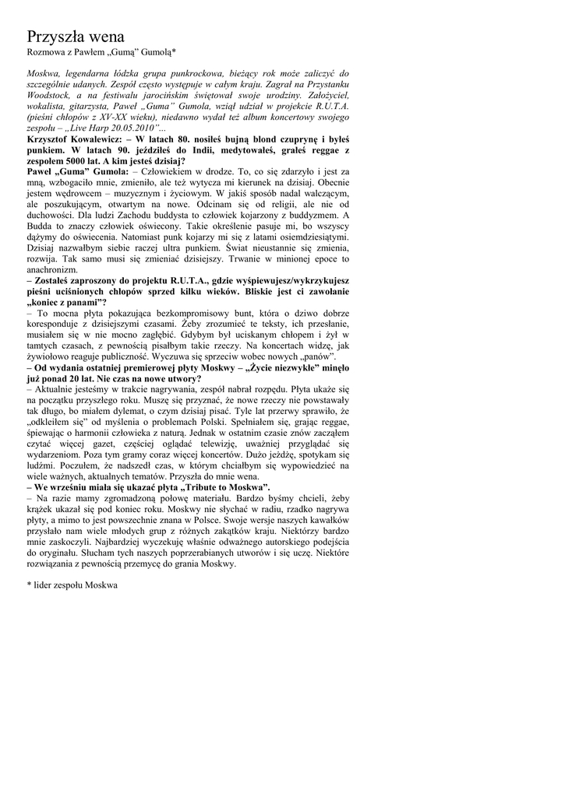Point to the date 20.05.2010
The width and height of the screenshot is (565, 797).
click(130, 127)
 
